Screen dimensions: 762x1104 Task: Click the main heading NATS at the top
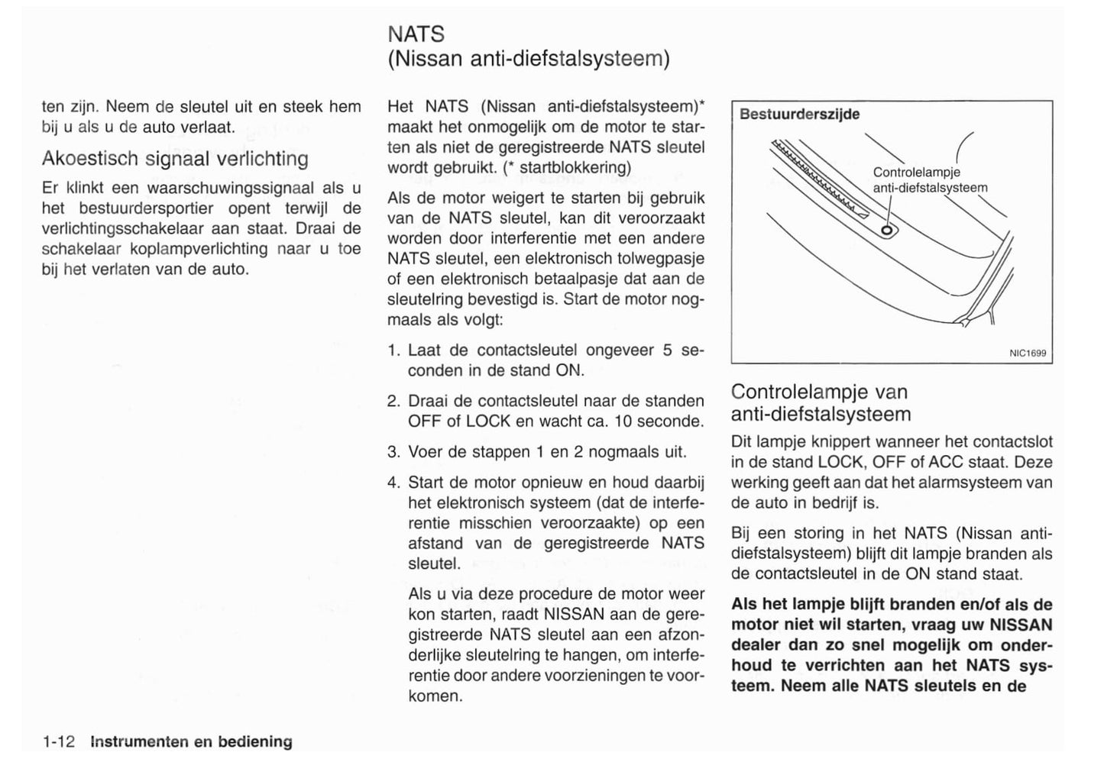coord(416,34)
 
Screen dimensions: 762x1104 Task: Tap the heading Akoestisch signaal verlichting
coord(175,159)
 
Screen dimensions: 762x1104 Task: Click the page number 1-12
coord(59,741)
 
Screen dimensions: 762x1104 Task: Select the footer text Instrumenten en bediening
coord(191,741)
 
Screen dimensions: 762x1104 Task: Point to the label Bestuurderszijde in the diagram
coord(799,115)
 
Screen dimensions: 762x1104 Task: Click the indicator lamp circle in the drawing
coord(886,229)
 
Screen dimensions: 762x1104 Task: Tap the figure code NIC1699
coord(1028,354)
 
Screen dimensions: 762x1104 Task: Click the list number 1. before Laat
coord(394,350)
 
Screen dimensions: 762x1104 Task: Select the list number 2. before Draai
coord(394,401)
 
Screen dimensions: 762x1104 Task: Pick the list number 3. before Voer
coord(394,452)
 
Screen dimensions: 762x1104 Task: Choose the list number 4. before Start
coord(394,483)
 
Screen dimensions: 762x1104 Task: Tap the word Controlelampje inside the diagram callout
coord(916,173)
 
